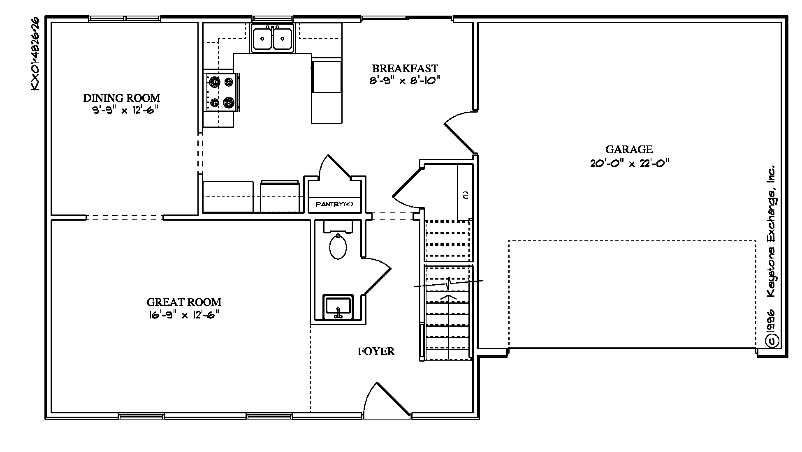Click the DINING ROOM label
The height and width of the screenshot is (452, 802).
[x=122, y=98]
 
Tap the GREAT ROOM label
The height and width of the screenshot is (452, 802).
[x=184, y=302]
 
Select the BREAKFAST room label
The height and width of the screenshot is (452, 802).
[x=405, y=68]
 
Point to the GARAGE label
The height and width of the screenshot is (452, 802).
[x=629, y=150]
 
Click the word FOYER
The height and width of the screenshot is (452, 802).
[x=376, y=351]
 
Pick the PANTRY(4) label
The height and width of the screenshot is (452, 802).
[x=334, y=204]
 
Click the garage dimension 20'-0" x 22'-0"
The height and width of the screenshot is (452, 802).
[x=629, y=163]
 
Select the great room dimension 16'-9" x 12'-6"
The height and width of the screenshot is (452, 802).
[x=184, y=316]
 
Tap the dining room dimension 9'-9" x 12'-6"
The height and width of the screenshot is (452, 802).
[x=125, y=110]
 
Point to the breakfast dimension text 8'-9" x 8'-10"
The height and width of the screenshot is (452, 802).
[x=405, y=81]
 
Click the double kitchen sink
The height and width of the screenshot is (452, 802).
[x=273, y=38]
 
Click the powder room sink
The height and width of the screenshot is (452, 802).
[x=338, y=307]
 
